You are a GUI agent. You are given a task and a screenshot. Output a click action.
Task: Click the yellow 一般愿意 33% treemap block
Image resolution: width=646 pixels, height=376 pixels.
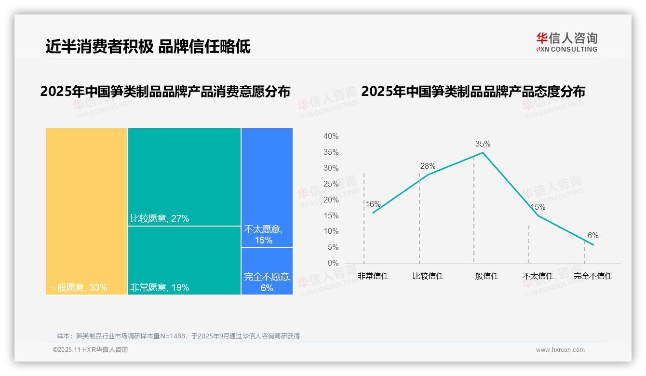(x=86, y=211)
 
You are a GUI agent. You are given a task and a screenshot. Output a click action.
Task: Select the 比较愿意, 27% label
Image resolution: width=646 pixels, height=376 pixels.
(x=160, y=218)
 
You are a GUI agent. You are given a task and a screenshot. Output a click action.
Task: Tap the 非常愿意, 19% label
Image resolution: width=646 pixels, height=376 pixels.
(x=160, y=288)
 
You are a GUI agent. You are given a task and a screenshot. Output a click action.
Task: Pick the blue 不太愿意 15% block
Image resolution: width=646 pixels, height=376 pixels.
(x=267, y=188)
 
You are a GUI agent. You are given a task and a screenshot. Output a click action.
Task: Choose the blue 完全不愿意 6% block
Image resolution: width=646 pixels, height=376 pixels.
(x=267, y=270)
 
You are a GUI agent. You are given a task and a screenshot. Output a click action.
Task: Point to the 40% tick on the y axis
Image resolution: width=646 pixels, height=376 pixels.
(x=331, y=136)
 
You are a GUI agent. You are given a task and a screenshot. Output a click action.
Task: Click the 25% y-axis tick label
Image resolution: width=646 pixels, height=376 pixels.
(x=331, y=184)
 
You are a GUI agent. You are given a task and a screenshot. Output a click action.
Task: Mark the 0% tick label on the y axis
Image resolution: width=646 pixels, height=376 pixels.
(x=333, y=263)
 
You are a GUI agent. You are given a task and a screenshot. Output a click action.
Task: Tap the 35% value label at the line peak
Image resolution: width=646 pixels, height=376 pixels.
(x=483, y=144)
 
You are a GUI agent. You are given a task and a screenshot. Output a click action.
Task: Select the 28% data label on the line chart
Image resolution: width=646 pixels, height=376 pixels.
(x=428, y=166)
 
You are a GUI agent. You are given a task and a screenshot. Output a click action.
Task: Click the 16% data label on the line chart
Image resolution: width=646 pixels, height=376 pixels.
(x=373, y=204)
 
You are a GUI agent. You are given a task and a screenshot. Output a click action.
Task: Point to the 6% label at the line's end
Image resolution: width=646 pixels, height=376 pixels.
(x=592, y=235)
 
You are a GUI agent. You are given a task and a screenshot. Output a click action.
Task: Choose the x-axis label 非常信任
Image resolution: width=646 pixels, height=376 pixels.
(x=373, y=276)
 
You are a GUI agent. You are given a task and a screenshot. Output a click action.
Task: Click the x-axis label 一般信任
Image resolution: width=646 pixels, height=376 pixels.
(x=483, y=276)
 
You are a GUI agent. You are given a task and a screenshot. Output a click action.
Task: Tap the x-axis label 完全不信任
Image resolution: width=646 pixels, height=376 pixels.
(x=592, y=276)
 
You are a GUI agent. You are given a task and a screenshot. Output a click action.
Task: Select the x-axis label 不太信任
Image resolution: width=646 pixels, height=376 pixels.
(x=538, y=276)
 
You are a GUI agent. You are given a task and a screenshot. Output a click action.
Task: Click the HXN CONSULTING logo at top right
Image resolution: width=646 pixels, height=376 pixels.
(x=566, y=42)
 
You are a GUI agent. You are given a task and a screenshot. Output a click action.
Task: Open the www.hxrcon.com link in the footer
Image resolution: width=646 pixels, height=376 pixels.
(x=560, y=350)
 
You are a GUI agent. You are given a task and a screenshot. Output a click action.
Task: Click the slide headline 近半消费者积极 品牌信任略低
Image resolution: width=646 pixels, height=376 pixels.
(x=148, y=47)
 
